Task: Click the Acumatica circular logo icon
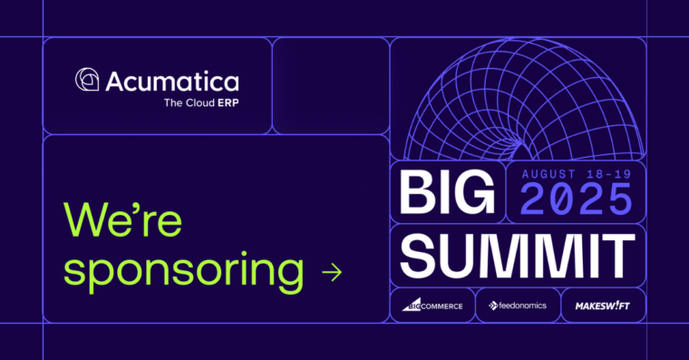coord(88,81)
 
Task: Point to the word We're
coord(123,219)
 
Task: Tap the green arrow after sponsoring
coord(332,271)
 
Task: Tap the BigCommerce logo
coord(432,306)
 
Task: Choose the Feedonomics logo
coord(518,306)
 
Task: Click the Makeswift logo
coord(602,306)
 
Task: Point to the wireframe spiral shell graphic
coord(517,100)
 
